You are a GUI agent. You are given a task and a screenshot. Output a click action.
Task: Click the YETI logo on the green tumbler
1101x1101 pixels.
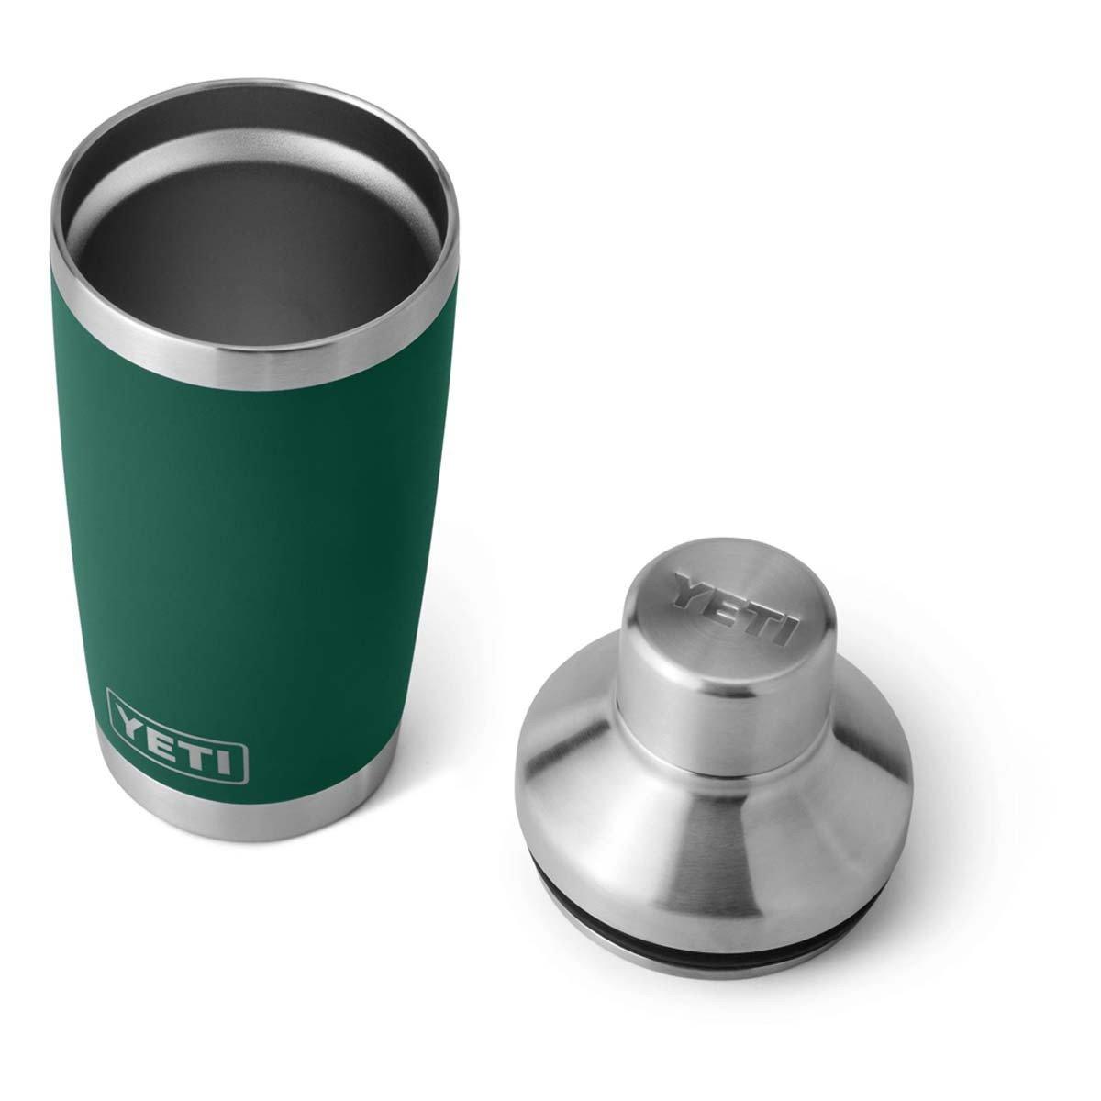(x=177, y=735)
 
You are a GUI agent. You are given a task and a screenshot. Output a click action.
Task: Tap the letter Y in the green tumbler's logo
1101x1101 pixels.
(x=132, y=717)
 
